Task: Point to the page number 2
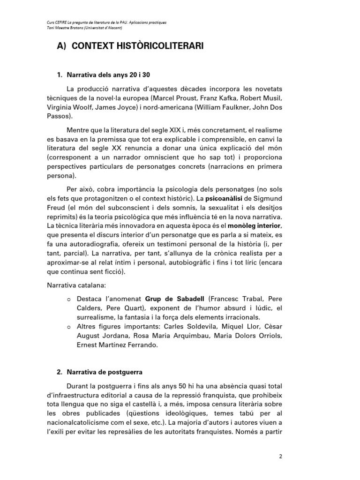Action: pos(280,456)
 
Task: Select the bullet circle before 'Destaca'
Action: pos(69,299)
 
